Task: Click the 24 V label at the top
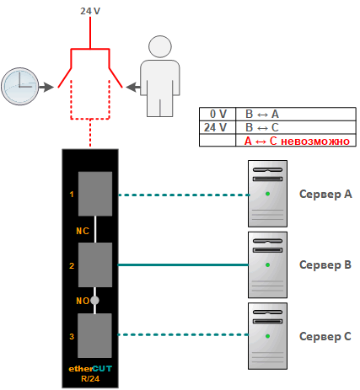coord(90,11)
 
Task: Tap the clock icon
coord(20,87)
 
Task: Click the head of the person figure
coord(160,46)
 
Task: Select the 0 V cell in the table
coord(218,114)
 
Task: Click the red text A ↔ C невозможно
coord(297,141)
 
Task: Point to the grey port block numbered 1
coord(95,194)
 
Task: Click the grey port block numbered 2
coord(95,264)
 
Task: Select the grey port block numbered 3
coord(94,335)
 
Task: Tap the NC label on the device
coord(83,231)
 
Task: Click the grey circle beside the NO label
coord(94,301)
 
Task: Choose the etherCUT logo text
coord(90,369)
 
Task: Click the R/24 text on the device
coord(90,379)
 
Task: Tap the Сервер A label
coord(325,194)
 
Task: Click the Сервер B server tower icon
coord(267,264)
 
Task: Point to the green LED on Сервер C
coord(267,336)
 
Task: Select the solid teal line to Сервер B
coord(183,264)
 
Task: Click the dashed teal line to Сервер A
coord(184,195)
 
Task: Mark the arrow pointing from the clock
coord(46,87)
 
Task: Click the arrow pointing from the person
coord(133,87)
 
